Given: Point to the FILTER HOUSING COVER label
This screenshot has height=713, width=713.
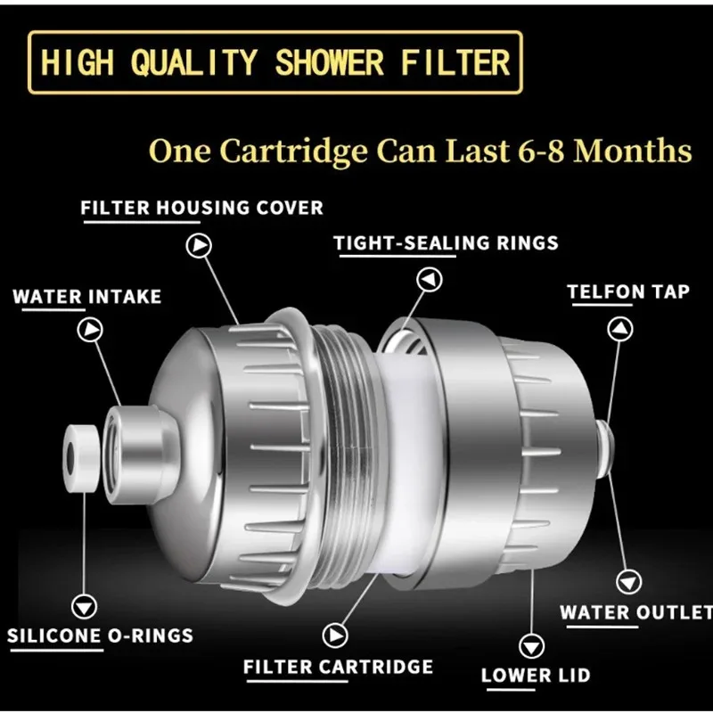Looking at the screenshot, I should [201, 209].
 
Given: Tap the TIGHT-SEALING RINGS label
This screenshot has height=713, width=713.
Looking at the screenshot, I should [446, 242].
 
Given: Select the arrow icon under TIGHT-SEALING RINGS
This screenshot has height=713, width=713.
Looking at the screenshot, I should [431, 280].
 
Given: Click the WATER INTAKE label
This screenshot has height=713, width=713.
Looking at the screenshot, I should [86, 296].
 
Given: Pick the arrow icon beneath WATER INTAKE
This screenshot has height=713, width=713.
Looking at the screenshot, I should [90, 331].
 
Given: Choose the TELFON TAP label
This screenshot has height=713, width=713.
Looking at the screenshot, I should [628, 291].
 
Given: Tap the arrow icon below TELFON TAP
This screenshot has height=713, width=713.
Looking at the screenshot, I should [619, 328].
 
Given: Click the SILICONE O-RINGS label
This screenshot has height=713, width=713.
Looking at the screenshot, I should [100, 635].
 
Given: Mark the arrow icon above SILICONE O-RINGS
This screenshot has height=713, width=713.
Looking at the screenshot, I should [86, 606].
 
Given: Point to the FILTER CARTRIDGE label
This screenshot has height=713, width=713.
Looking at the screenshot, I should [338, 667].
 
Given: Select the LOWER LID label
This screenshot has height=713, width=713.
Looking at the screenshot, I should [535, 675].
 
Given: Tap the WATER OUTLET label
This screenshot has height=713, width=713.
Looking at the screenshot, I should [635, 613].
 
